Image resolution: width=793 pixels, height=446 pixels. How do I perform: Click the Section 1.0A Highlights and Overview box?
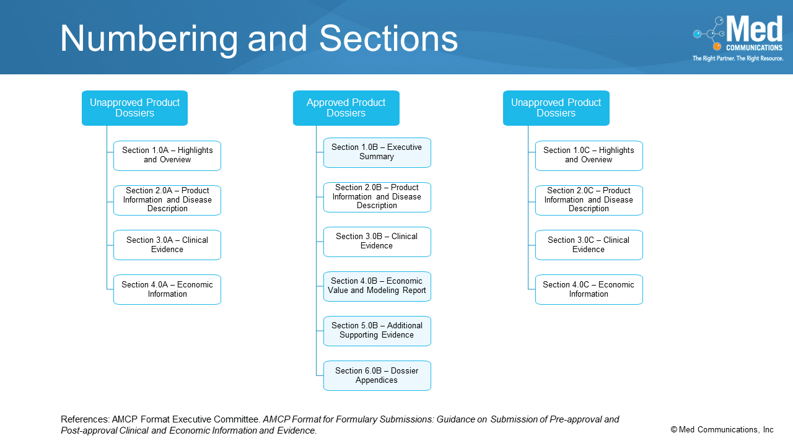tap(167, 155)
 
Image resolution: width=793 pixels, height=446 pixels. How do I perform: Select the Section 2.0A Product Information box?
tap(167, 200)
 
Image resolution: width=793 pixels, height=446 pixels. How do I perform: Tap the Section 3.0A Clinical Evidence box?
tap(167, 245)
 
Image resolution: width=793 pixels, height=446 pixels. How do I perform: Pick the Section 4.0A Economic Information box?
tap(167, 289)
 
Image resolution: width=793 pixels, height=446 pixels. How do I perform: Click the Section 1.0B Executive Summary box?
tap(377, 152)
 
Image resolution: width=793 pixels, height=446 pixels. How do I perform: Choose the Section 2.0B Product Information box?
tap(377, 197)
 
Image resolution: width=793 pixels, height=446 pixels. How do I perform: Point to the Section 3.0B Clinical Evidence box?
tap(377, 242)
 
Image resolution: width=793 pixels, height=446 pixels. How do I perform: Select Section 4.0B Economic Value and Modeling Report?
tap(377, 286)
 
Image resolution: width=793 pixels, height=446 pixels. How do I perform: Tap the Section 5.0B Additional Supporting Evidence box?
tap(377, 331)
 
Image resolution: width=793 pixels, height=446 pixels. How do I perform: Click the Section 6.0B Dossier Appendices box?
tap(377, 375)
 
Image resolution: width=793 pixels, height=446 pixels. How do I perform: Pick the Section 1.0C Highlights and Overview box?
tap(589, 155)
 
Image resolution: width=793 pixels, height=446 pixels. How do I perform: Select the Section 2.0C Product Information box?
tap(589, 200)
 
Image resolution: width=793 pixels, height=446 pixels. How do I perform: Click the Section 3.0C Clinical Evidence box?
tap(589, 245)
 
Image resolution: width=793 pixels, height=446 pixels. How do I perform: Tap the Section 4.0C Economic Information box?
tap(589, 289)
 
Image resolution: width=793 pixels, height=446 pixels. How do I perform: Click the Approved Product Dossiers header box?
tap(346, 108)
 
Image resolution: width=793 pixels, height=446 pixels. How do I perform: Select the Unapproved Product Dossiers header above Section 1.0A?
tap(134, 108)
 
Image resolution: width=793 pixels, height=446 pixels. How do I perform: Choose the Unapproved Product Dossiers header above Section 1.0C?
tap(556, 108)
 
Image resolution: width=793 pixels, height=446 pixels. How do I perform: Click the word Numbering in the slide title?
tap(149, 38)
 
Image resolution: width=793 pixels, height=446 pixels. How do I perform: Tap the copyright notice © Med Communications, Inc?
tap(722, 430)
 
